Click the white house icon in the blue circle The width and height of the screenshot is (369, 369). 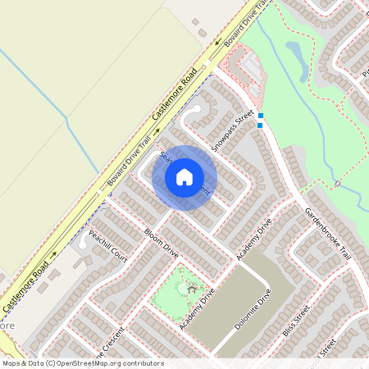pyautogui.click(x=184, y=176)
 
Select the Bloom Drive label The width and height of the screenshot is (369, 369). pyautogui.click(x=160, y=240)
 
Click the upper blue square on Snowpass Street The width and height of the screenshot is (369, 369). pyautogui.click(x=261, y=116)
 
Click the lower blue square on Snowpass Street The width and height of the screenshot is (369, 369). pyautogui.click(x=261, y=125)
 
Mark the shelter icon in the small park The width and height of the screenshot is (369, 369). pyautogui.click(x=192, y=289)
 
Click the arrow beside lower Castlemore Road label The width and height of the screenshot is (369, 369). pyautogui.click(x=53, y=256)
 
